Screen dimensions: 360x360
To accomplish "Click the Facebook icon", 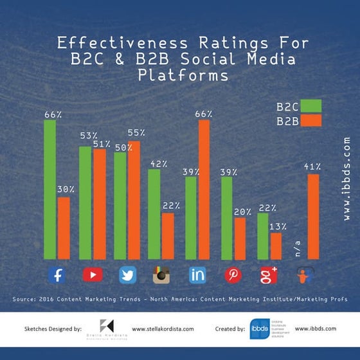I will pyautogui.click(x=57, y=275).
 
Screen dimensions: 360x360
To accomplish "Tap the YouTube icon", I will pyautogui.click(x=93, y=275).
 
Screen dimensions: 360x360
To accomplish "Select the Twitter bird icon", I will pyautogui.click(x=127, y=275).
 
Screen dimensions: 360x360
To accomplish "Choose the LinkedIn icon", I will pyautogui.click(x=197, y=275).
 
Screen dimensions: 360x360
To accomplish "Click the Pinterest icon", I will pyautogui.click(x=233, y=275).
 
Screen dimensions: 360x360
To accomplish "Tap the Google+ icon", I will pyautogui.click(x=268, y=275).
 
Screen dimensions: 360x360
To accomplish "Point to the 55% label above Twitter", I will pyautogui.click(x=136, y=133).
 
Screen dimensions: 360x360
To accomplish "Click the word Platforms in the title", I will pyautogui.click(x=183, y=75).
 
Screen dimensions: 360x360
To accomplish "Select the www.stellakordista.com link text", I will pyautogui.click(x=163, y=328).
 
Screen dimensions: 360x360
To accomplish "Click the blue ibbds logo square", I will pyautogui.click(x=259, y=328).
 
